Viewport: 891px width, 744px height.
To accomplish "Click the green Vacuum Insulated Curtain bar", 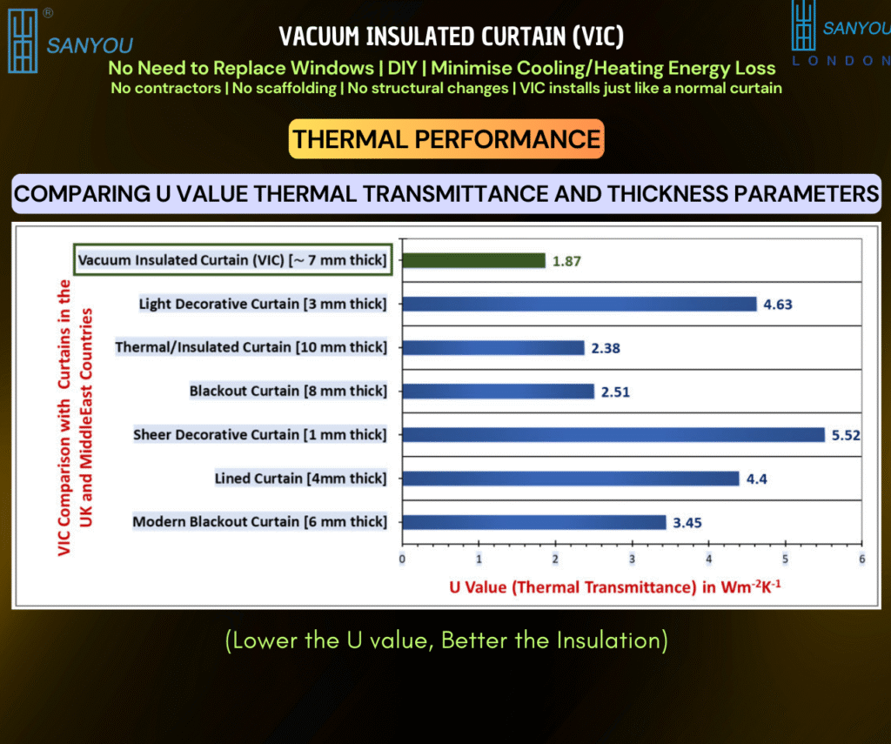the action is tap(474, 260).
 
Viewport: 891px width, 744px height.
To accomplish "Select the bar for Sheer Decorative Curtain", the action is tap(613, 435).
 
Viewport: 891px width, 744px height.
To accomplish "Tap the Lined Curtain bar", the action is tap(571, 479).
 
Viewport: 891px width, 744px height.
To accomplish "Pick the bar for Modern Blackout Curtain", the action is tap(534, 522).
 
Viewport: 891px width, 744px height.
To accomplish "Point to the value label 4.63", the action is tap(777, 305).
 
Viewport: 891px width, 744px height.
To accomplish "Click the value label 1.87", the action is tap(566, 261).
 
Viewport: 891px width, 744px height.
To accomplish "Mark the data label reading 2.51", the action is tap(615, 392).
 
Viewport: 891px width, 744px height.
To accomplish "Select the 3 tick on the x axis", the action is tap(632, 560).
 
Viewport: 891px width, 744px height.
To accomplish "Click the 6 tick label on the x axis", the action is tap(862, 560).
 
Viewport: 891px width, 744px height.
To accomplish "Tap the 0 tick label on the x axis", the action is tap(402, 560).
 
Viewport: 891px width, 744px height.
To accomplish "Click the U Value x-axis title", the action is tap(615, 586).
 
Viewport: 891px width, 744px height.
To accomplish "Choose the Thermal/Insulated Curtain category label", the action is tap(251, 347).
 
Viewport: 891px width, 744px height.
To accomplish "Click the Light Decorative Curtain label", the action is tap(263, 304).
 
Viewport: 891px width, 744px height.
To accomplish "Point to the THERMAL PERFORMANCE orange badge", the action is tap(446, 139).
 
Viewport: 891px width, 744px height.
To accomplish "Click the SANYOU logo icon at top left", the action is tap(23, 41).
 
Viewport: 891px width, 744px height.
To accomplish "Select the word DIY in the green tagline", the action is tap(402, 68).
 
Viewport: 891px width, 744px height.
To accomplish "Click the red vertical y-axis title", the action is tap(75, 418).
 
